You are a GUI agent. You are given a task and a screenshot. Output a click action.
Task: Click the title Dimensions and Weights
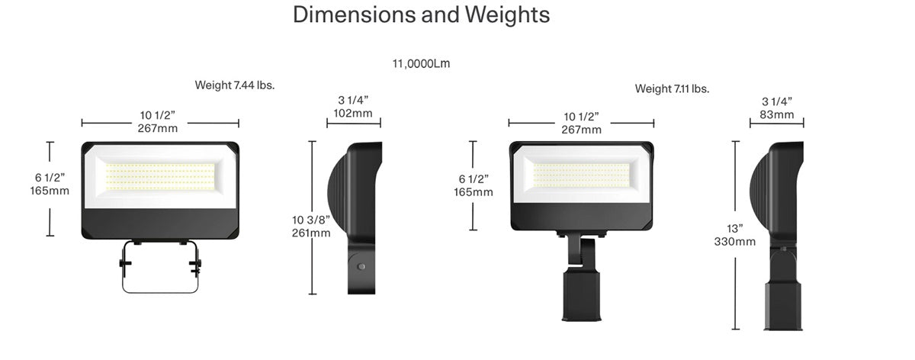click(x=421, y=15)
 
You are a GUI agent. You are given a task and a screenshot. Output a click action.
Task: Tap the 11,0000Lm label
click(x=421, y=64)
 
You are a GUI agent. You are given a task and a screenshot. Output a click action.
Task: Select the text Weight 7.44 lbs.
click(x=234, y=85)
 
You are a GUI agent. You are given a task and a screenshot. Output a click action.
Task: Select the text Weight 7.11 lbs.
click(x=672, y=89)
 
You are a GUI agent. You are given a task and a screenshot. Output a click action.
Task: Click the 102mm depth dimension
click(x=353, y=114)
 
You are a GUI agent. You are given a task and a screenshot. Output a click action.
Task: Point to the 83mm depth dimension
click(x=777, y=115)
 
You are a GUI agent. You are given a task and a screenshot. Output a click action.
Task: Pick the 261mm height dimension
click(x=311, y=233)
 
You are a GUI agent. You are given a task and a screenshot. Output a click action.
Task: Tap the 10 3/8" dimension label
click(x=311, y=220)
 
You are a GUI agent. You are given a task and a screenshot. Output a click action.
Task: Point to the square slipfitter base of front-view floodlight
click(x=582, y=294)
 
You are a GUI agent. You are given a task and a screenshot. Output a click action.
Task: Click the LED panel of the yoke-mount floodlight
click(x=160, y=177)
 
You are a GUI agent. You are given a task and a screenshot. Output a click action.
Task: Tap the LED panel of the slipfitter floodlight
click(x=582, y=174)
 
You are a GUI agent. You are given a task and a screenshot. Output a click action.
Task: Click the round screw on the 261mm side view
click(x=361, y=267)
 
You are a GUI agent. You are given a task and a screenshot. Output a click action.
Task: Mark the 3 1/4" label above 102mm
click(x=353, y=101)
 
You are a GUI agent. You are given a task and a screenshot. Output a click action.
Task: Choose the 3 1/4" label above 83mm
click(x=777, y=101)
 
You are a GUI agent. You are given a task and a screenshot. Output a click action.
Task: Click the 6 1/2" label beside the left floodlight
click(x=50, y=178)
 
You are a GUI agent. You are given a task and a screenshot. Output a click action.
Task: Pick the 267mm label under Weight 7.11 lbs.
click(x=582, y=130)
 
